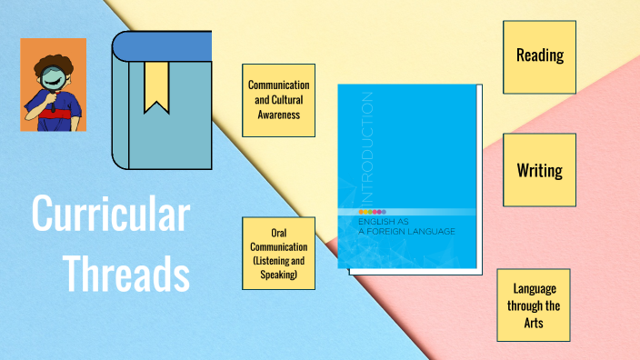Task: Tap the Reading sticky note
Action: [x=540, y=56]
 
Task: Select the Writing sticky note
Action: [x=540, y=170]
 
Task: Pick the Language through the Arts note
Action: [x=534, y=305]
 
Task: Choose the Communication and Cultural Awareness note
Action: [x=279, y=100]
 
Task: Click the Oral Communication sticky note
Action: [x=279, y=254]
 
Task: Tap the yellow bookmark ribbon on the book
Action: [x=156, y=86]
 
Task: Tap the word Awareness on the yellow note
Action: [x=279, y=115]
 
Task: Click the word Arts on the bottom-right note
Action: [x=534, y=322]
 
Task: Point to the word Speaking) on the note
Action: [x=279, y=275]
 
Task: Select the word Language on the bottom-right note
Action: [x=534, y=288]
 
